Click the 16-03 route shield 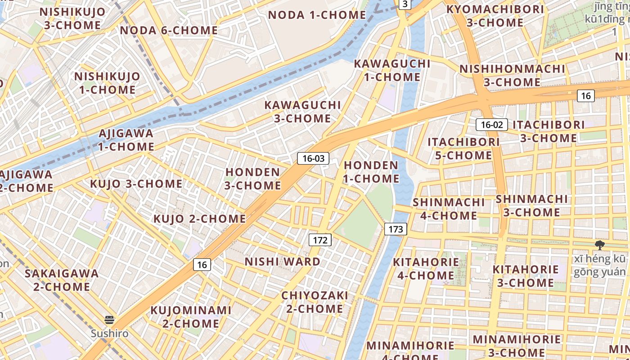(313, 158)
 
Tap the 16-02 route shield (492, 125)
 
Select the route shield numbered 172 (320, 240)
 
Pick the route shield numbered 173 (396, 229)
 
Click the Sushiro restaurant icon (109, 320)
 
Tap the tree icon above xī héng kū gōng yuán (599, 245)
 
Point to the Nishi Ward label (283, 261)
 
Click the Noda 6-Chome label (169, 31)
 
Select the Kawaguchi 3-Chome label (302, 112)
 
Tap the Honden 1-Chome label (371, 172)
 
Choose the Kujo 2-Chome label (199, 219)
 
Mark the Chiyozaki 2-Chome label (315, 302)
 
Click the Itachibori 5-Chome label (463, 148)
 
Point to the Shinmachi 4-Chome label (449, 209)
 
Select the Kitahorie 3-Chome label (525, 276)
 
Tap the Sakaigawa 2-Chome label (62, 280)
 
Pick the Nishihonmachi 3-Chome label (512, 76)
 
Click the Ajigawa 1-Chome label (126, 140)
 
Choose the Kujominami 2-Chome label (191, 317)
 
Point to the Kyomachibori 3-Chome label (495, 16)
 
